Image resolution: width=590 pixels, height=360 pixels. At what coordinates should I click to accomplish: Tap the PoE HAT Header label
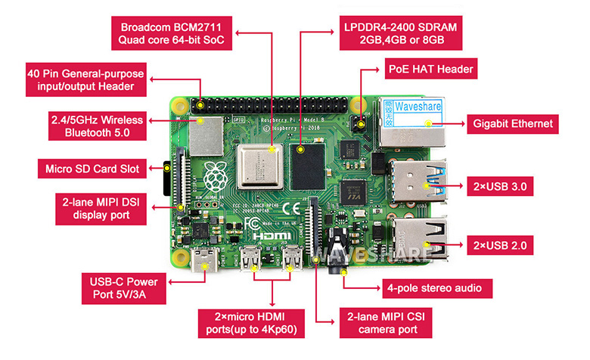point(431,70)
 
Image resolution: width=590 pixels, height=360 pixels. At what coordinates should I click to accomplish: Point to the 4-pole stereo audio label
point(434,288)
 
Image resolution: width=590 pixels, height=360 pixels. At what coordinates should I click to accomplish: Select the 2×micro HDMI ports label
point(250,321)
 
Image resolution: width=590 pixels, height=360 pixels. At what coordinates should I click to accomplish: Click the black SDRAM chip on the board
point(307,167)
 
